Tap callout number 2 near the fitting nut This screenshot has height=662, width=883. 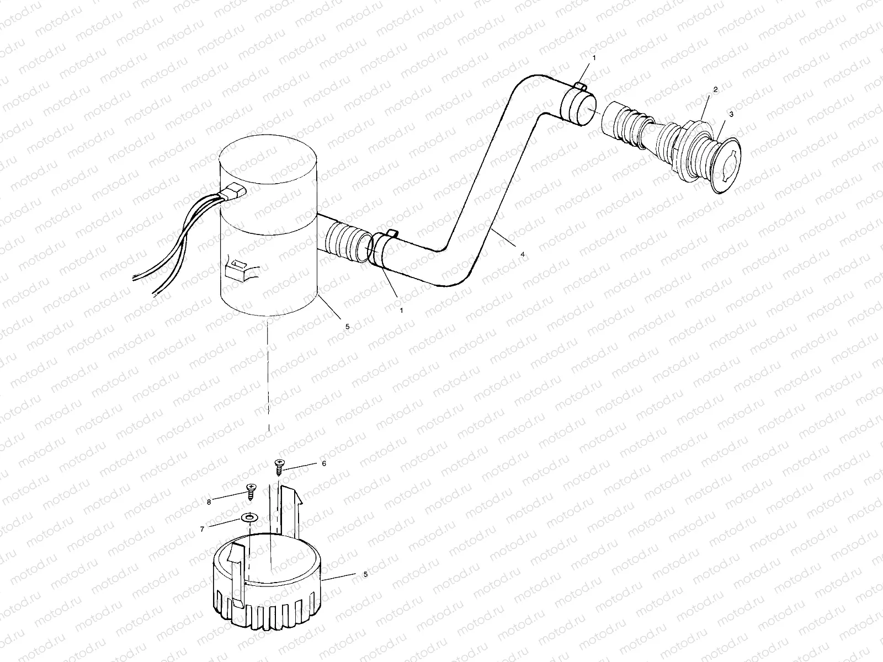click(x=715, y=89)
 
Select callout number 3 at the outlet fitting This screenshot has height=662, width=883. click(x=731, y=114)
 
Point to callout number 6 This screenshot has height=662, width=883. click(x=324, y=464)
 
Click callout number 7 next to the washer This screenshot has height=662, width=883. click(x=203, y=529)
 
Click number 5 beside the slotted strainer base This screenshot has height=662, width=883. click(x=366, y=574)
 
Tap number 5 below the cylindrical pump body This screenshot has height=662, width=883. click(x=347, y=327)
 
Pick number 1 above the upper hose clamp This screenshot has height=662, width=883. click(x=594, y=57)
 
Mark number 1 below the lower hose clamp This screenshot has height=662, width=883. click(x=401, y=311)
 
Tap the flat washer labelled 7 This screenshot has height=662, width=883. click(x=249, y=518)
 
